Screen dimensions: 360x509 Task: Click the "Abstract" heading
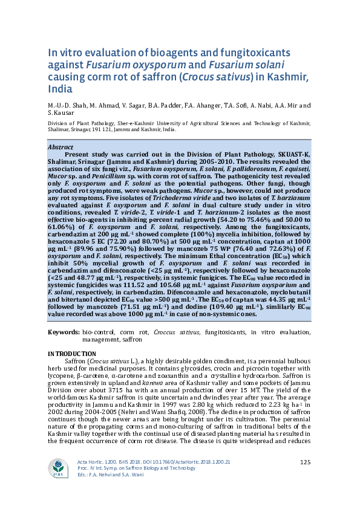pos(60,147)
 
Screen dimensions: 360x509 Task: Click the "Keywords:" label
pos(64,332)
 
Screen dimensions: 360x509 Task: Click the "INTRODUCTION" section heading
pos(71,354)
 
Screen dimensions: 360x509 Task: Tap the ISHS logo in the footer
pos(58,468)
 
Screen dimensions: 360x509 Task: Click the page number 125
pos(305,463)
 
